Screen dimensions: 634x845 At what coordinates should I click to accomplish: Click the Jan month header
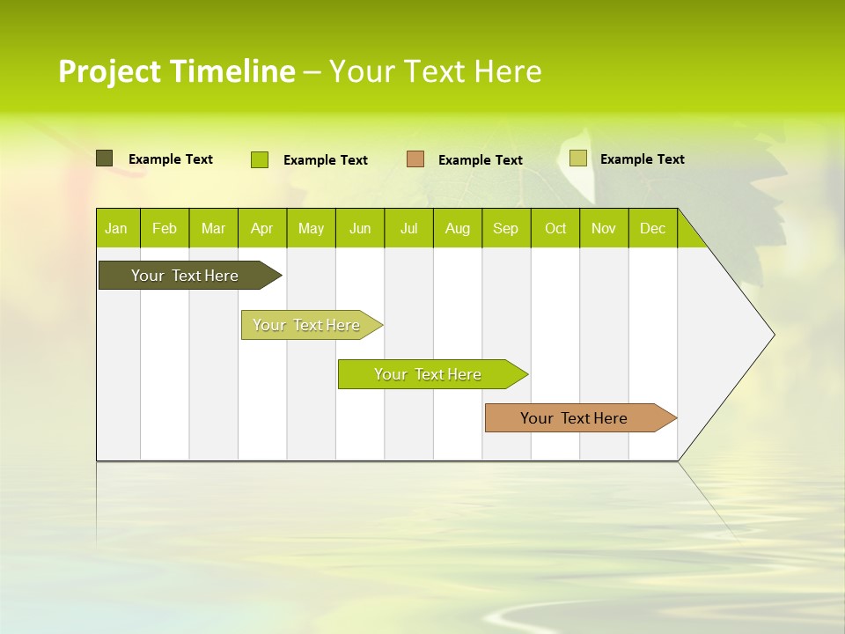116,228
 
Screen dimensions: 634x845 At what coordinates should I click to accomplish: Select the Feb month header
165,228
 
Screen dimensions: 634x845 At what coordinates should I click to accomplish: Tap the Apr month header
261,228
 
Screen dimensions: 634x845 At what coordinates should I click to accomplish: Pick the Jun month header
360,228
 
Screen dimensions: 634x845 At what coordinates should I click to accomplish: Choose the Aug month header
457,228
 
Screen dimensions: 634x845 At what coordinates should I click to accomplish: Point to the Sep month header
505,228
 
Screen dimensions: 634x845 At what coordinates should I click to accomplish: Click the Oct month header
555,228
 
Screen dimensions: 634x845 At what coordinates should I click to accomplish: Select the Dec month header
652,228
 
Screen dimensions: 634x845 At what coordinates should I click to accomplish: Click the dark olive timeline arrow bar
185,276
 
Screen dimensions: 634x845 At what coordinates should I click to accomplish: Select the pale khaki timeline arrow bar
306,325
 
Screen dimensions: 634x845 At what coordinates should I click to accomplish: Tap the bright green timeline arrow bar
428,374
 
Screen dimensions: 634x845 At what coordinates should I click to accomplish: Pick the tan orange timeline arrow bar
574,418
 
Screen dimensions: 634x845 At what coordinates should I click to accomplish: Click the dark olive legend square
104,158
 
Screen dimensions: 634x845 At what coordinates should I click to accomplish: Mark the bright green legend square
260,159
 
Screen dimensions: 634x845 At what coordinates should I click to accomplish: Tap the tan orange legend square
415,159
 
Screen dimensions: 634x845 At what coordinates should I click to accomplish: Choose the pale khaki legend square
577,158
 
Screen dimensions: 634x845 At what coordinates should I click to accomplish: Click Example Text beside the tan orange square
480,160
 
